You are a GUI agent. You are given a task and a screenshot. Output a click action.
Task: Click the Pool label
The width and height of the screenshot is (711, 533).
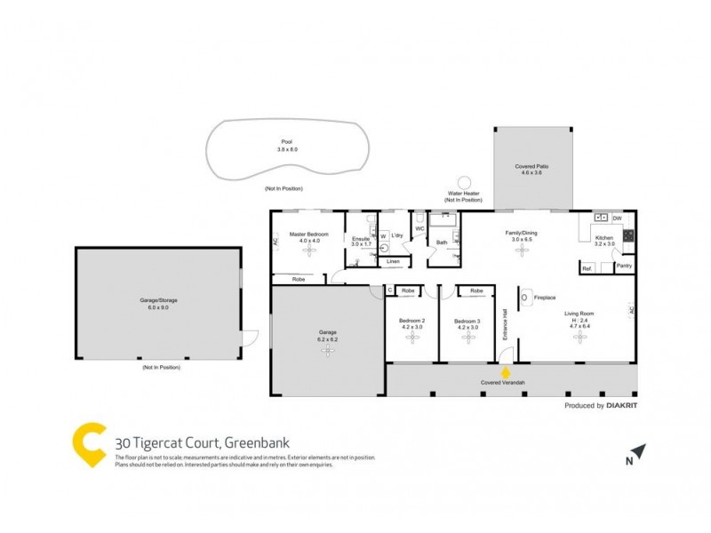tap(286, 142)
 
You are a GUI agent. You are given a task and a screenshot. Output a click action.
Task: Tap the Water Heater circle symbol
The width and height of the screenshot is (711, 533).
tap(463, 182)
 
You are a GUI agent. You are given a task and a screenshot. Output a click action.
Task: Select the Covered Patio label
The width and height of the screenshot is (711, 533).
tap(531, 166)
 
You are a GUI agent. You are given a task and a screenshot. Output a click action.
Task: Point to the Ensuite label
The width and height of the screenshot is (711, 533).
tap(360, 238)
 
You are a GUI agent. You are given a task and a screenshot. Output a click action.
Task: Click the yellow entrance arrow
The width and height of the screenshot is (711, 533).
tap(507, 373)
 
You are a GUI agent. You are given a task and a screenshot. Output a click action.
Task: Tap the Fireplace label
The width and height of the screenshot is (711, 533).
tap(545, 298)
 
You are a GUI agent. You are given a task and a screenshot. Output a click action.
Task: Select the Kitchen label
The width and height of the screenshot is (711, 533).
tap(604, 238)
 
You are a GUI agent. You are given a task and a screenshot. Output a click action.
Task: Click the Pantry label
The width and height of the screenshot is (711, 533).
tap(624, 266)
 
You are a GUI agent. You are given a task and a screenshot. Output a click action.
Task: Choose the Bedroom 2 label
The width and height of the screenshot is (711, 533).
tap(411, 321)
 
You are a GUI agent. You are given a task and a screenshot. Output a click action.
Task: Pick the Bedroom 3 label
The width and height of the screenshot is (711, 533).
tap(467, 321)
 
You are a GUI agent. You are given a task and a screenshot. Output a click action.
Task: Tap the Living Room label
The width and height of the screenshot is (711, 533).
tap(579, 313)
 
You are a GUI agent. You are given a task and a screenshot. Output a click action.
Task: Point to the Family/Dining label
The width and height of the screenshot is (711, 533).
tap(521, 232)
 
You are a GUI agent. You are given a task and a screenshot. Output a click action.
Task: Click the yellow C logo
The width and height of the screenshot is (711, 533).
tap(90, 443)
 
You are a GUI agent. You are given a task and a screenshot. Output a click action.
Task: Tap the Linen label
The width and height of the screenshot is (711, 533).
tap(393, 261)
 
